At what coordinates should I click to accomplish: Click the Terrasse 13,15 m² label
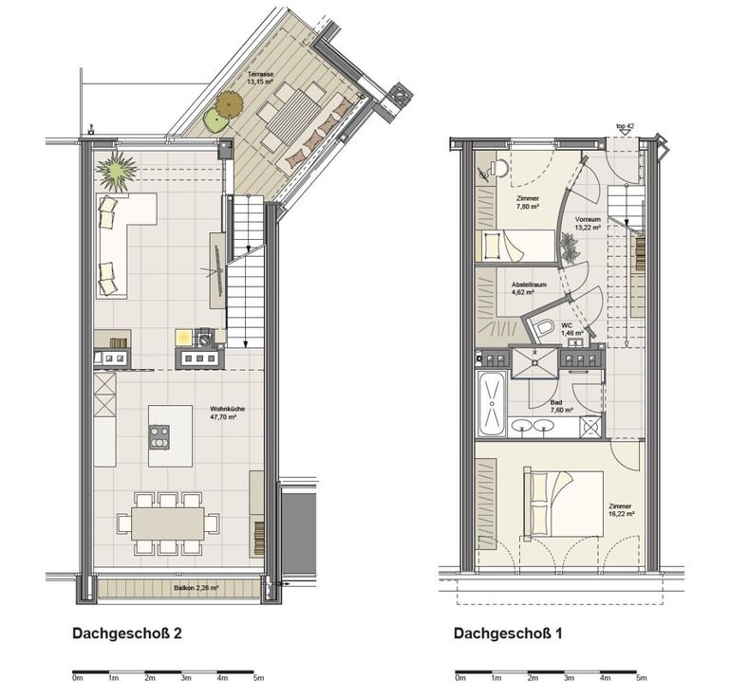point(260,78)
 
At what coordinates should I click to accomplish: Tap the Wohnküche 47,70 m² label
point(228,413)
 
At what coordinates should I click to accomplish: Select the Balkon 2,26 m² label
point(196,587)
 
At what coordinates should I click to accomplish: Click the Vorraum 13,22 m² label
point(588,223)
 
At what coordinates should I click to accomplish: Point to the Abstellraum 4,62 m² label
point(529,288)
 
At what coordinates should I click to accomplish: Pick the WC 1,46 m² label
point(571,329)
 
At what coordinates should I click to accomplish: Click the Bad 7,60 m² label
point(561,406)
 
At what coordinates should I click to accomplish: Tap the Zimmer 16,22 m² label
point(622,510)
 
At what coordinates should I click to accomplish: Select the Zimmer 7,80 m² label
point(528,202)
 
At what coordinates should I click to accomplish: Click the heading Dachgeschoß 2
point(127,634)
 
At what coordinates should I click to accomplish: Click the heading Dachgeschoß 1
point(508,634)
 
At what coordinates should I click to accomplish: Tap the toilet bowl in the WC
point(543,328)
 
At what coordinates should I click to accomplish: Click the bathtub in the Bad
point(492,404)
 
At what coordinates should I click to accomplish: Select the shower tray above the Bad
point(534,362)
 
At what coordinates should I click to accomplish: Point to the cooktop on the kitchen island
point(159,437)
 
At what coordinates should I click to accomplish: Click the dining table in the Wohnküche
point(168,523)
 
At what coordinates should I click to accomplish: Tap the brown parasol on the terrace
point(229,104)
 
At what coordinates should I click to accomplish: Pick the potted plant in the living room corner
point(116,170)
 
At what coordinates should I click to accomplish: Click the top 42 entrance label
point(625,126)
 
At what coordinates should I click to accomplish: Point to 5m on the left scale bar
point(258,678)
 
